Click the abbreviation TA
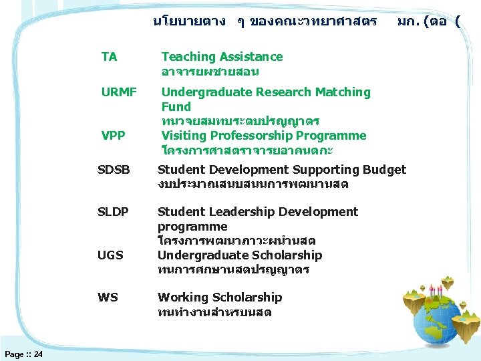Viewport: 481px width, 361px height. click(109, 57)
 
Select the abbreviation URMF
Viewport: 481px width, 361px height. click(118, 92)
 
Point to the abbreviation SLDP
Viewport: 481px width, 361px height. click(113, 212)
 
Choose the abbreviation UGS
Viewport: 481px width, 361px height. click(110, 255)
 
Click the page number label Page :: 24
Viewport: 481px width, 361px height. click(23, 354)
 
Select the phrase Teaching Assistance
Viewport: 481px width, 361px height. click(222, 57)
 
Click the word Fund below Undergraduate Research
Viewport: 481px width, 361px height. click(176, 107)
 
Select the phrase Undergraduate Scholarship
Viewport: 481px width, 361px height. click(239, 255)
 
